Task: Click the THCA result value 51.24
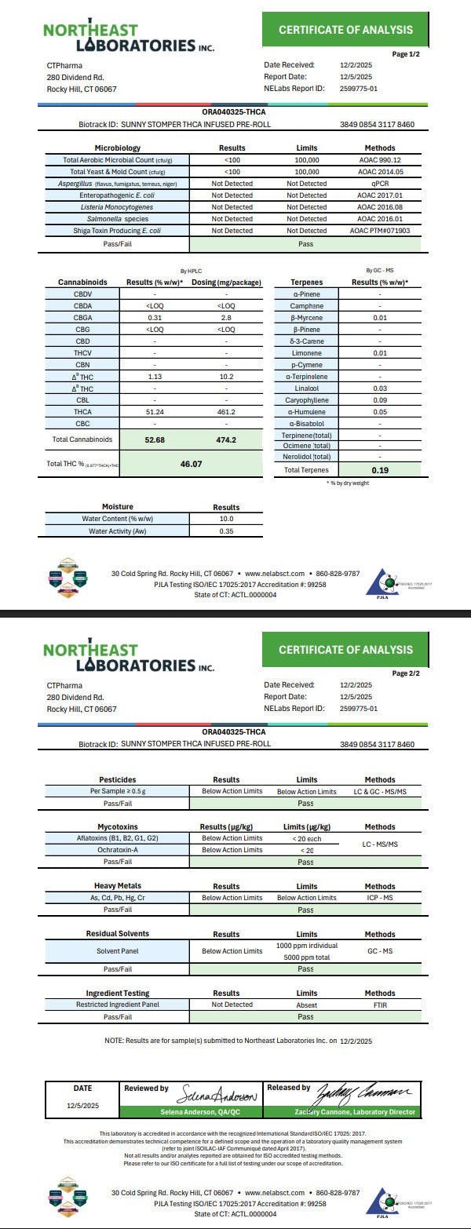tap(154, 411)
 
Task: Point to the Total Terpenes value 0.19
tap(380, 470)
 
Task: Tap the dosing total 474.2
tap(226, 439)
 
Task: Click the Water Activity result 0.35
tap(226, 531)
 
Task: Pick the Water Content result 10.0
tap(226, 519)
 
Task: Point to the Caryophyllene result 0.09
tap(380, 400)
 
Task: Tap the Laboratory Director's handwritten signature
tap(363, 1093)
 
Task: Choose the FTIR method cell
tap(380, 1005)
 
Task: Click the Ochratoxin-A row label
tap(118, 850)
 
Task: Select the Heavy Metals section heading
tap(118, 886)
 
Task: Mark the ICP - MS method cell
tap(380, 898)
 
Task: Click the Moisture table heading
tap(118, 507)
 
